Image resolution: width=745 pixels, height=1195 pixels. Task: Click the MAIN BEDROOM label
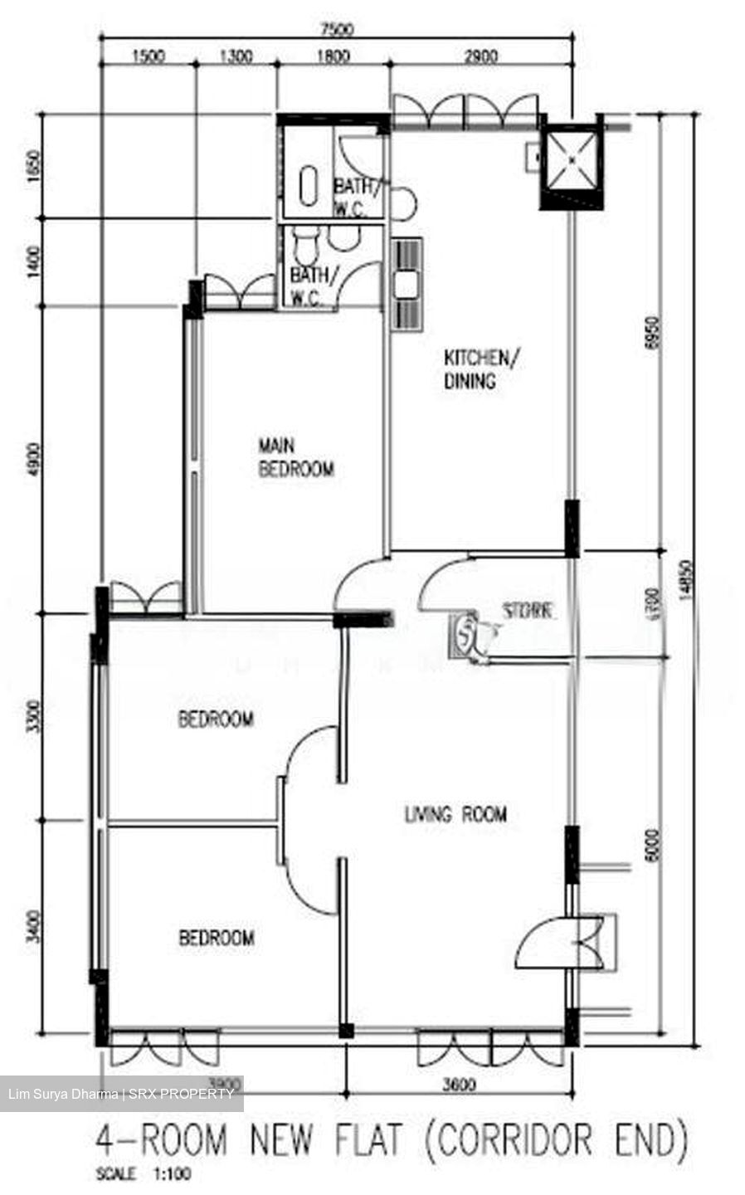pos(296,457)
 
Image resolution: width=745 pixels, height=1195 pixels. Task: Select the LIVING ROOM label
pos(455,814)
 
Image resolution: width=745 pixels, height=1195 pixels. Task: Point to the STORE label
pos(528,611)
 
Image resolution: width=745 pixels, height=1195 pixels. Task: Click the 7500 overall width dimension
pos(338,30)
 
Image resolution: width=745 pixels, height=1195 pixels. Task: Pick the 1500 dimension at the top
pos(148,56)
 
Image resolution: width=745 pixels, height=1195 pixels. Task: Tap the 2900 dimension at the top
pos(481,56)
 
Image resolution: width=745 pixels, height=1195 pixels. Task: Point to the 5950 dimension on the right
pos(650,332)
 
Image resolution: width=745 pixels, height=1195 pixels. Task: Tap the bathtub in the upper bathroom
pos(308,184)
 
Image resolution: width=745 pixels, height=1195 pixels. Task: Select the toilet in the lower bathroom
pos(304,246)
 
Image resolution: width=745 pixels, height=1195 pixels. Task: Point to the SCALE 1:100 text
pos(144,1174)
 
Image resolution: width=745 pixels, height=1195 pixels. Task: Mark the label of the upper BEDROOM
pos(216,719)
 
